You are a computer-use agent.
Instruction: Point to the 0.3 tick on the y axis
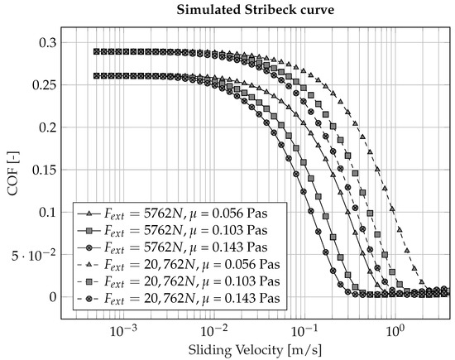[x=50, y=42]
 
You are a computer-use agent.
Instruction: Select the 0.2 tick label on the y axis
[x=50, y=127]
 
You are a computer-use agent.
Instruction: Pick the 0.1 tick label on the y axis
[x=50, y=212]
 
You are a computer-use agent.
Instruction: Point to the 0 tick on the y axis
[x=55, y=296]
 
